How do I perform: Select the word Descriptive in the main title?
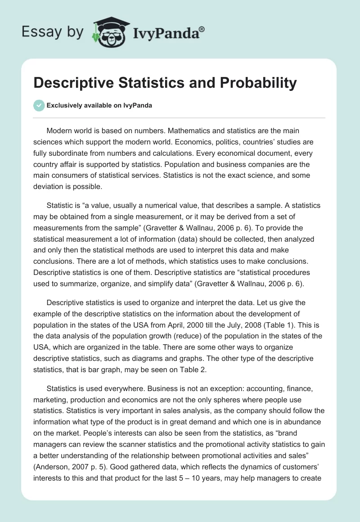point(74,83)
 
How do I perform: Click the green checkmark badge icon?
point(39,105)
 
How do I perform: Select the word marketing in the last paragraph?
point(50,400)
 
